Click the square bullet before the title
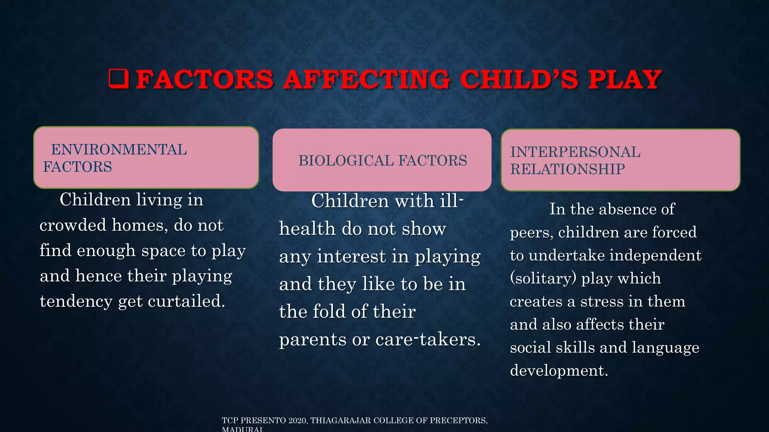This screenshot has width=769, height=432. tap(119, 79)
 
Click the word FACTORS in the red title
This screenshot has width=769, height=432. tap(205, 79)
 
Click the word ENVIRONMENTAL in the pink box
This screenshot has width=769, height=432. tap(119, 150)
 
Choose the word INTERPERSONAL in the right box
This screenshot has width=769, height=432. tap(575, 152)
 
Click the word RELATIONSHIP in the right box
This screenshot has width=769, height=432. tap(567, 169)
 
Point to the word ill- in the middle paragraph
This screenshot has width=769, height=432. tap(452, 201)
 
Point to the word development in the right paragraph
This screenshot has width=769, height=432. tap(558, 371)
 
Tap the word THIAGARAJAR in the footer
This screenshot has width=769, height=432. tap(340, 420)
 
